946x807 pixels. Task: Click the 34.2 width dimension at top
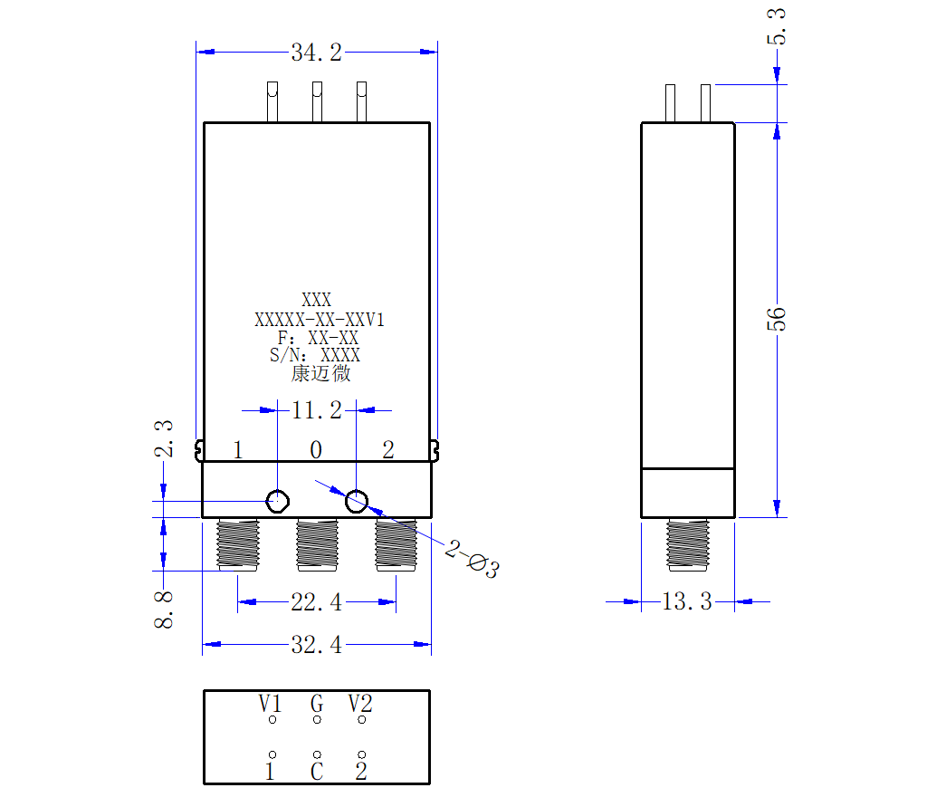(317, 53)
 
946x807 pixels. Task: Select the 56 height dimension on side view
(777, 319)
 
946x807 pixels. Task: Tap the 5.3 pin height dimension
(777, 26)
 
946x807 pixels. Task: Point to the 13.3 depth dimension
(687, 601)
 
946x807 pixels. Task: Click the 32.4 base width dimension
(317, 645)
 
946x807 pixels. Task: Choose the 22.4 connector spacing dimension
(317, 602)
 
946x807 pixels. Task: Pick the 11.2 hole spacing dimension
(317, 410)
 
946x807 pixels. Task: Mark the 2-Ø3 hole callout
(473, 559)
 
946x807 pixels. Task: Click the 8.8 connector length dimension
(164, 610)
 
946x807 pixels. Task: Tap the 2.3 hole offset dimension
(164, 438)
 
